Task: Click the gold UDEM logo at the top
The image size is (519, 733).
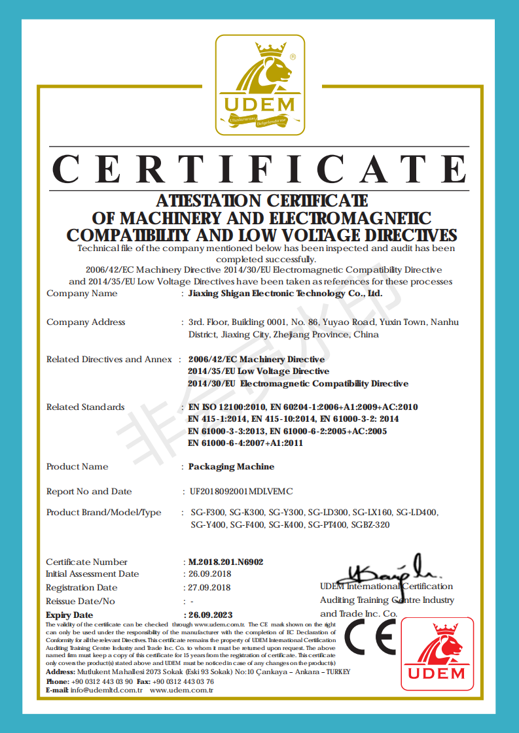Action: tap(260, 85)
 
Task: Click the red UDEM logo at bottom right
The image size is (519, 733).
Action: tap(437, 655)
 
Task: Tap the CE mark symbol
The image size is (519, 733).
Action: tap(370, 636)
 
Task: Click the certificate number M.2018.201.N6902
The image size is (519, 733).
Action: tap(226, 562)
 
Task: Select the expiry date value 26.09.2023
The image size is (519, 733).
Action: tap(210, 615)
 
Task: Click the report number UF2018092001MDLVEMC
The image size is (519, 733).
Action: tap(241, 491)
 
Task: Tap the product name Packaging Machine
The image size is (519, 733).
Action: tap(231, 467)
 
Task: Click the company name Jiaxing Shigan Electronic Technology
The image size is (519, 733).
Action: tap(285, 294)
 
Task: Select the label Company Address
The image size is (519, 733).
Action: tap(86, 322)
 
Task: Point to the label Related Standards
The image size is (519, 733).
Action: tap(85, 407)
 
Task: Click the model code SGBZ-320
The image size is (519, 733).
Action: tap(371, 524)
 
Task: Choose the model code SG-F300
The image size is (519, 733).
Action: tap(207, 512)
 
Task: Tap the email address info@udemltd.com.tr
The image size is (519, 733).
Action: tap(107, 690)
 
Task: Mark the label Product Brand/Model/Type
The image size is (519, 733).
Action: tap(103, 512)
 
